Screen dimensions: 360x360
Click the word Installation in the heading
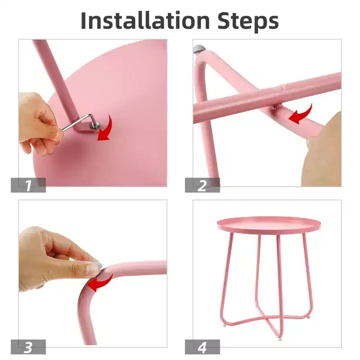[x=145, y=20]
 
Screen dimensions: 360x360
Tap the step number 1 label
[x=28, y=185]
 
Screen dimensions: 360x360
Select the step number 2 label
[x=202, y=185]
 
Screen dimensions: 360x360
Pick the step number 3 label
[x=28, y=347]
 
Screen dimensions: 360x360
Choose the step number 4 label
[x=202, y=347]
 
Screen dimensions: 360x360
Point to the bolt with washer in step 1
[x=95, y=126]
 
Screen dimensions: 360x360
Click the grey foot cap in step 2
[x=199, y=49]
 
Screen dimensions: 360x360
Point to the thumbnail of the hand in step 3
[x=94, y=267]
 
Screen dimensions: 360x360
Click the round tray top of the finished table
[x=268, y=225]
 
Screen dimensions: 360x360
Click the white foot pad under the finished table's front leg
[x=280, y=339]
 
